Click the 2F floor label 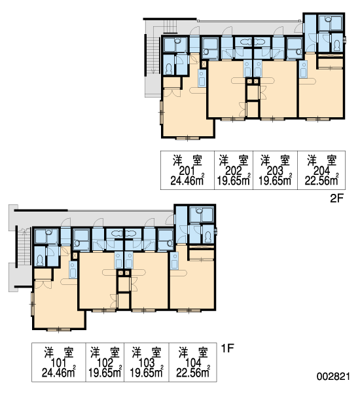pos(336,198)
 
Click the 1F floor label pos(228,348)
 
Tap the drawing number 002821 pos(333,376)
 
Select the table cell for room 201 pos(187,170)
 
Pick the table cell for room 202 pos(234,170)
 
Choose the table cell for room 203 pos(275,170)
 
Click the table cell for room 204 pos(321,170)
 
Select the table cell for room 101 pos(59,362)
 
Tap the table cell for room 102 pos(105,362)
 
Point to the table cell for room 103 pos(147,362)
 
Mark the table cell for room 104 pos(193,362)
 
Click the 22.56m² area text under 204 pos(321,180)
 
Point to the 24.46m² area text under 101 pos(59,372)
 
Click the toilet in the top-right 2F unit pos(337,45)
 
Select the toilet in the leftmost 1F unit pos(40,261)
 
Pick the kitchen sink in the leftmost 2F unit pos(202,78)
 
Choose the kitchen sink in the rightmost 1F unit pos(174,261)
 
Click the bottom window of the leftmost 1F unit pos(58,329)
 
